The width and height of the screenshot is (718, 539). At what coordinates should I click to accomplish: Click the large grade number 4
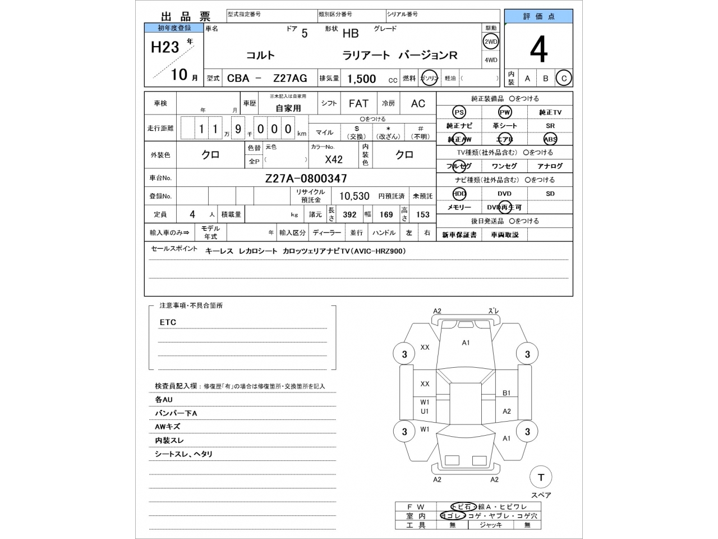pos(538,51)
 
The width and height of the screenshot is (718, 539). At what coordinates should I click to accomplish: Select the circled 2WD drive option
pos(491,42)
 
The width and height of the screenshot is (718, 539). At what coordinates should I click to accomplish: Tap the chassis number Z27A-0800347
pos(306,179)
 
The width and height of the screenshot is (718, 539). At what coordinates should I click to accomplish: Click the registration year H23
pos(165,47)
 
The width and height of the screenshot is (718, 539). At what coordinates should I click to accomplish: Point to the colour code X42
pos(334,159)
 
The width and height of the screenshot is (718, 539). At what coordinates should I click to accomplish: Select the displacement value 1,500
pos(362,79)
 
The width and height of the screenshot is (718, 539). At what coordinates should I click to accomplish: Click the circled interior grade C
pos(564,79)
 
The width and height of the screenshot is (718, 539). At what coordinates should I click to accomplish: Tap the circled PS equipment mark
pos(459,112)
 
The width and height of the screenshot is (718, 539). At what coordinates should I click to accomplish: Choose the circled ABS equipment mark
pos(550,139)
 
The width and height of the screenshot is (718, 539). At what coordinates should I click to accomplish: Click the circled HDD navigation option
pos(459,194)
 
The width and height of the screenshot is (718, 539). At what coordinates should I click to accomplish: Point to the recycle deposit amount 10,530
pos(354,196)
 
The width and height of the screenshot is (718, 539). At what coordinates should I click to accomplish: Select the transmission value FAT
pos(358,103)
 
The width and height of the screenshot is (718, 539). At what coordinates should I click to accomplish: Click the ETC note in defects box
pos(168,322)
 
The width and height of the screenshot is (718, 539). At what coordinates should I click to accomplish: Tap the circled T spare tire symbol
pos(541,477)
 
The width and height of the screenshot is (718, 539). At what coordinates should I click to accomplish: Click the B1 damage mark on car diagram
pos(506,393)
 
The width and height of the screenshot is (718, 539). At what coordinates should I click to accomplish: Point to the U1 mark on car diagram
pos(425,411)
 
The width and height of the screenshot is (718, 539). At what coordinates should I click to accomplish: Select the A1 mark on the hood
pos(466,342)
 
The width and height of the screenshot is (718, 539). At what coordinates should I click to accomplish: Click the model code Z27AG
pos(290,79)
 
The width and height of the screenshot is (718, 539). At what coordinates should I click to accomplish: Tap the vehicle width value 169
pos(386,214)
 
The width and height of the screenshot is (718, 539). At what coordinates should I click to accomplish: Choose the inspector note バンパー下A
pos(176,413)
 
